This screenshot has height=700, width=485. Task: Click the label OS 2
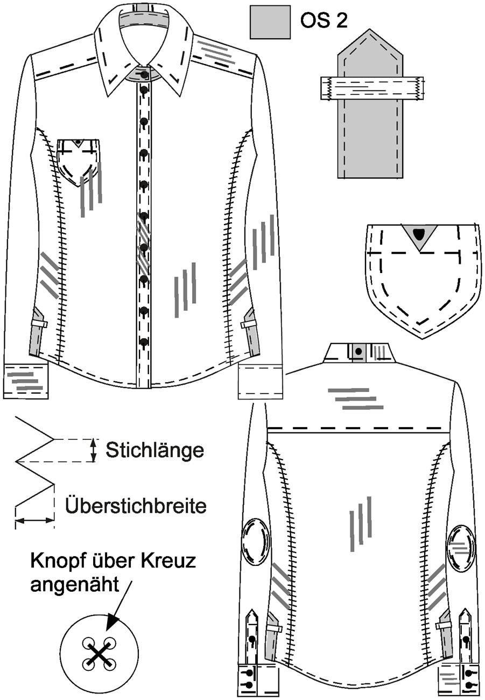324,21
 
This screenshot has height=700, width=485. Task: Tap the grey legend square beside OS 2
270,23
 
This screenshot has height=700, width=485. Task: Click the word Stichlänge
154,450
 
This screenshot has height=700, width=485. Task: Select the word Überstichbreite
136,505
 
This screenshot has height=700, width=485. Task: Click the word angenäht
75,584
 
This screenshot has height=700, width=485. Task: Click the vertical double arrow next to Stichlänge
93,450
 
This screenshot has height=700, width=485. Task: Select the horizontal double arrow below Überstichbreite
34,520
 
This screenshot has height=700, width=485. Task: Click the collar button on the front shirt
144,75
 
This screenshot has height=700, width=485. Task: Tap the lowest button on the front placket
144,341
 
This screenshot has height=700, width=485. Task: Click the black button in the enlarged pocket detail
418,233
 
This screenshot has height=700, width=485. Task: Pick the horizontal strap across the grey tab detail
372,88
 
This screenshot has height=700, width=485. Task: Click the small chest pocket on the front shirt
79,163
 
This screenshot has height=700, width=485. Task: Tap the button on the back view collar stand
359,351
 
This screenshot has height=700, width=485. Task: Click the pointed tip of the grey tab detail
370,30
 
